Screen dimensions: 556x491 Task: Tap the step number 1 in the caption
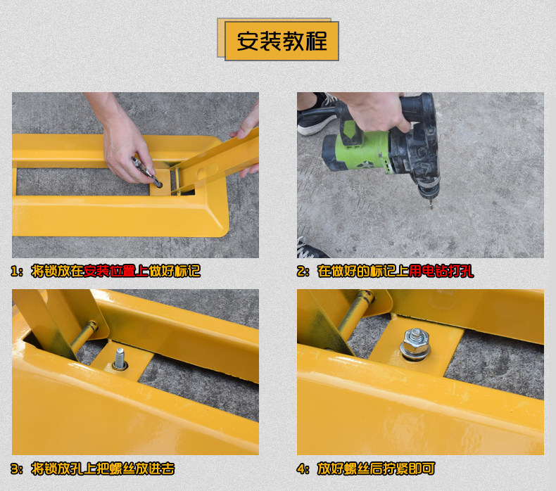pos(15,272)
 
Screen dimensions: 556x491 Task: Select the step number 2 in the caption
pos(301,272)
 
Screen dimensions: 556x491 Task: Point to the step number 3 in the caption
pos(15,469)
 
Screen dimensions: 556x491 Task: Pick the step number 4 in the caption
pos(301,469)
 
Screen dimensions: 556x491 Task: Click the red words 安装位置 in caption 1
pos(110,272)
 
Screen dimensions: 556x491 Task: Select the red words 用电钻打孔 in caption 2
pos(441,272)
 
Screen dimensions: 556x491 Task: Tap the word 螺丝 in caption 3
pos(122,468)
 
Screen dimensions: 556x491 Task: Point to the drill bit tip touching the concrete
pos(431,208)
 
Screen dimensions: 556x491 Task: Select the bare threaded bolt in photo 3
pos(120,358)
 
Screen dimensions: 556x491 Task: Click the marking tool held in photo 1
pos(146,172)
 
